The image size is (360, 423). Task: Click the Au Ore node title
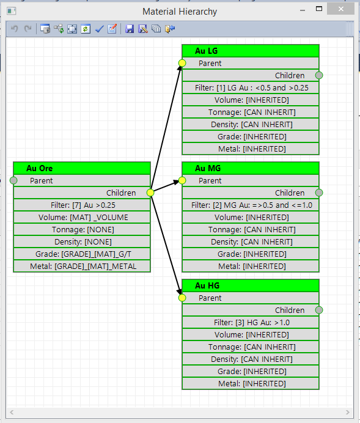(x=39, y=168)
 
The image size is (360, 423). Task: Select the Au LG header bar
(x=251, y=51)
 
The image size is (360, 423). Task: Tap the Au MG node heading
(x=208, y=168)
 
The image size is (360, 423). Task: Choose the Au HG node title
(x=207, y=285)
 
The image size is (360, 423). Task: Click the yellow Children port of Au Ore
(x=150, y=193)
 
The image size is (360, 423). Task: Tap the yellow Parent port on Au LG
(x=182, y=63)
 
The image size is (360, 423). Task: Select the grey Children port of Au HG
(x=319, y=311)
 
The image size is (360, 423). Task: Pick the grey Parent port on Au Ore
(x=13, y=180)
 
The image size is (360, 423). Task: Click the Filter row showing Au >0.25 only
(x=82, y=205)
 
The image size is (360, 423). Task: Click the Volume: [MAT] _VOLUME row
(x=82, y=218)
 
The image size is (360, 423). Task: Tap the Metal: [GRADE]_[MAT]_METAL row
(x=82, y=267)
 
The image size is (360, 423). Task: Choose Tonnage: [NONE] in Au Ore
(x=82, y=230)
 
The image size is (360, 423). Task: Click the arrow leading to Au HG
(x=166, y=244)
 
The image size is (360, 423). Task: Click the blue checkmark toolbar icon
(x=99, y=29)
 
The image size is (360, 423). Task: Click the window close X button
(x=341, y=9)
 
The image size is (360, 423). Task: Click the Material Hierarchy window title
(x=180, y=12)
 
